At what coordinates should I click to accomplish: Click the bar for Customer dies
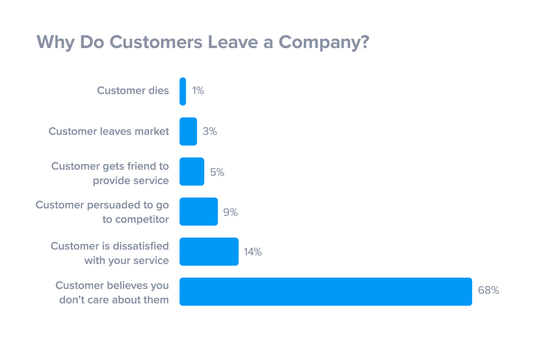pos(183,91)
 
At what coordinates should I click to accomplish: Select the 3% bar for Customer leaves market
pos(188,131)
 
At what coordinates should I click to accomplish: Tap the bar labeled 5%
pos(192,171)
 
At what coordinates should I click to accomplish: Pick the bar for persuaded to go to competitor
pos(198,211)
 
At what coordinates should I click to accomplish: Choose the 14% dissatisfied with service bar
pos(209,251)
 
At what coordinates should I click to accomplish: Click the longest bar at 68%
pos(325,292)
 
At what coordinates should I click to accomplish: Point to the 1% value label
pos(198,91)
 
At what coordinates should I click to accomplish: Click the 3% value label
pos(210,131)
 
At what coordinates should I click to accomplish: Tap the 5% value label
pos(217,172)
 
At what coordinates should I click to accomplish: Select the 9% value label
pos(230,212)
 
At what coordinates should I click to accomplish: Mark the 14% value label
pos(252,252)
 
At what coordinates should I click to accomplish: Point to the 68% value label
pos(488,290)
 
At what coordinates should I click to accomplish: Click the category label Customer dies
pos(133,91)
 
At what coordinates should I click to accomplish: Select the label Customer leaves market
pos(109,131)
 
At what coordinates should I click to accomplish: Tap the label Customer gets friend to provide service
pos(110,173)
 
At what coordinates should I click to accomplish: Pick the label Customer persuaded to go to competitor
pos(103,212)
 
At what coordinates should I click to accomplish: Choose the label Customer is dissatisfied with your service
pos(110,253)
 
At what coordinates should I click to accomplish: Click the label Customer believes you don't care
pos(112,292)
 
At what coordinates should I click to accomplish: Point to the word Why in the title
pos(55,42)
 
